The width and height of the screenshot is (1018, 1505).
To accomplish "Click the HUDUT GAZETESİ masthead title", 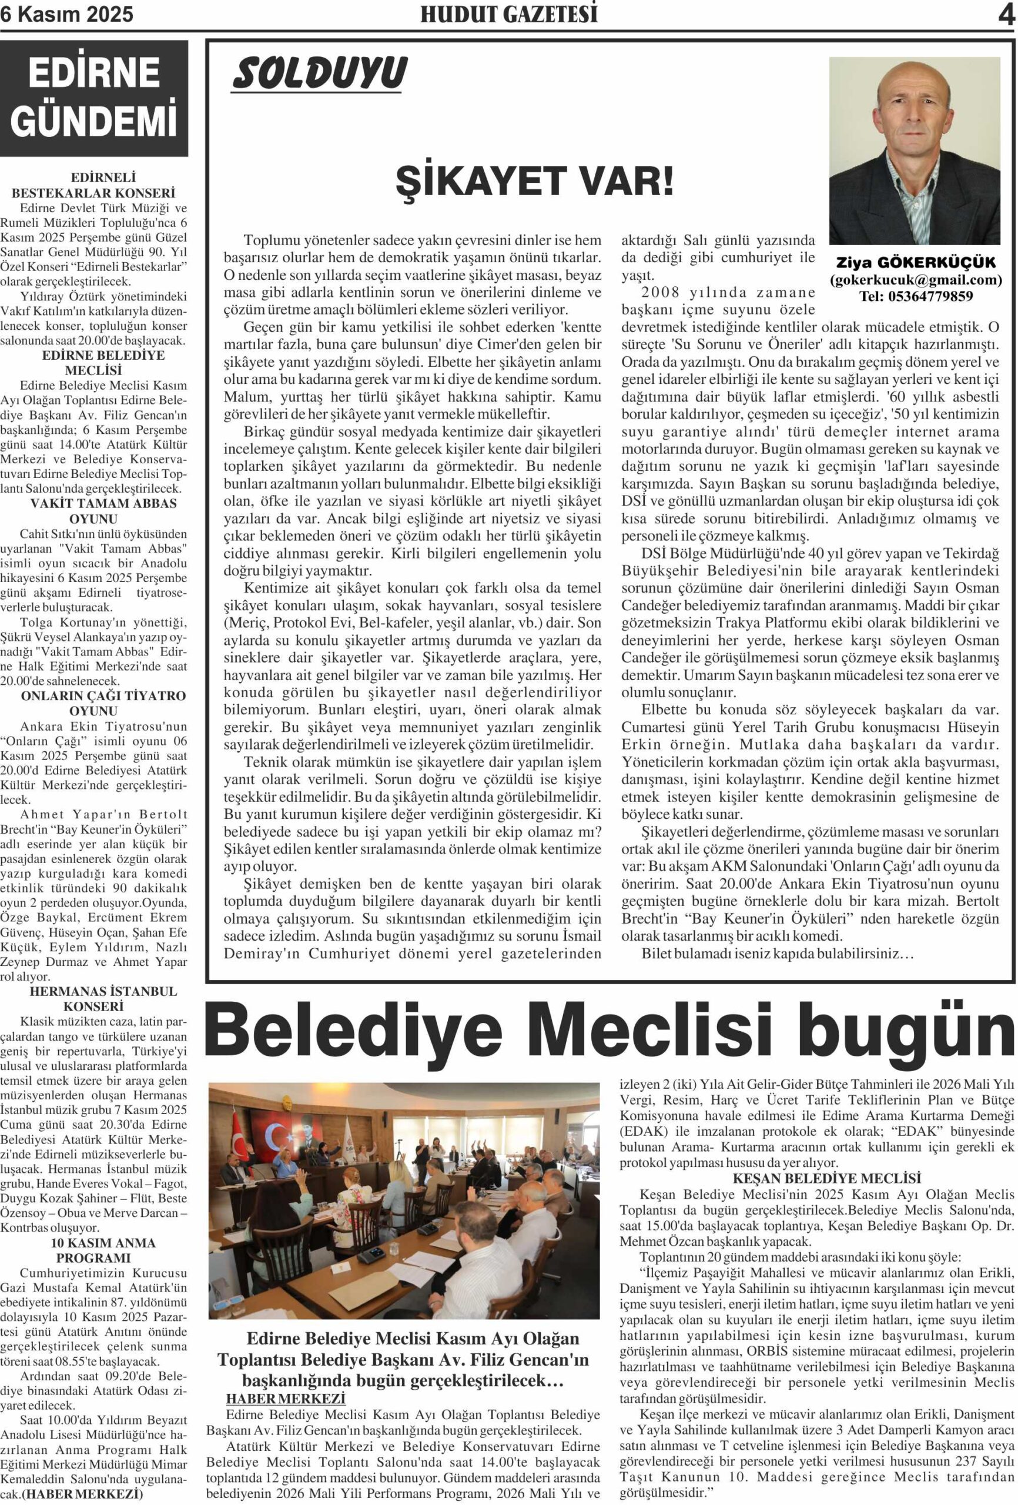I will click(x=508, y=15).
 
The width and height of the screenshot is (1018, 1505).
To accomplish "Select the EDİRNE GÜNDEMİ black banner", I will click(x=94, y=98).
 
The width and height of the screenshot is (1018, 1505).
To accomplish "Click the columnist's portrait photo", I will click(x=914, y=150).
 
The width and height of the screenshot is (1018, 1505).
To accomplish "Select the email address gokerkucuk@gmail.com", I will click(x=916, y=280).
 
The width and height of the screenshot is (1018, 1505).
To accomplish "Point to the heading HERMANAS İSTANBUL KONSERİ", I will click(x=94, y=999).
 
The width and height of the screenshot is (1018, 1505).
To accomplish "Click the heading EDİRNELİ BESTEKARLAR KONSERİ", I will click(x=94, y=185).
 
